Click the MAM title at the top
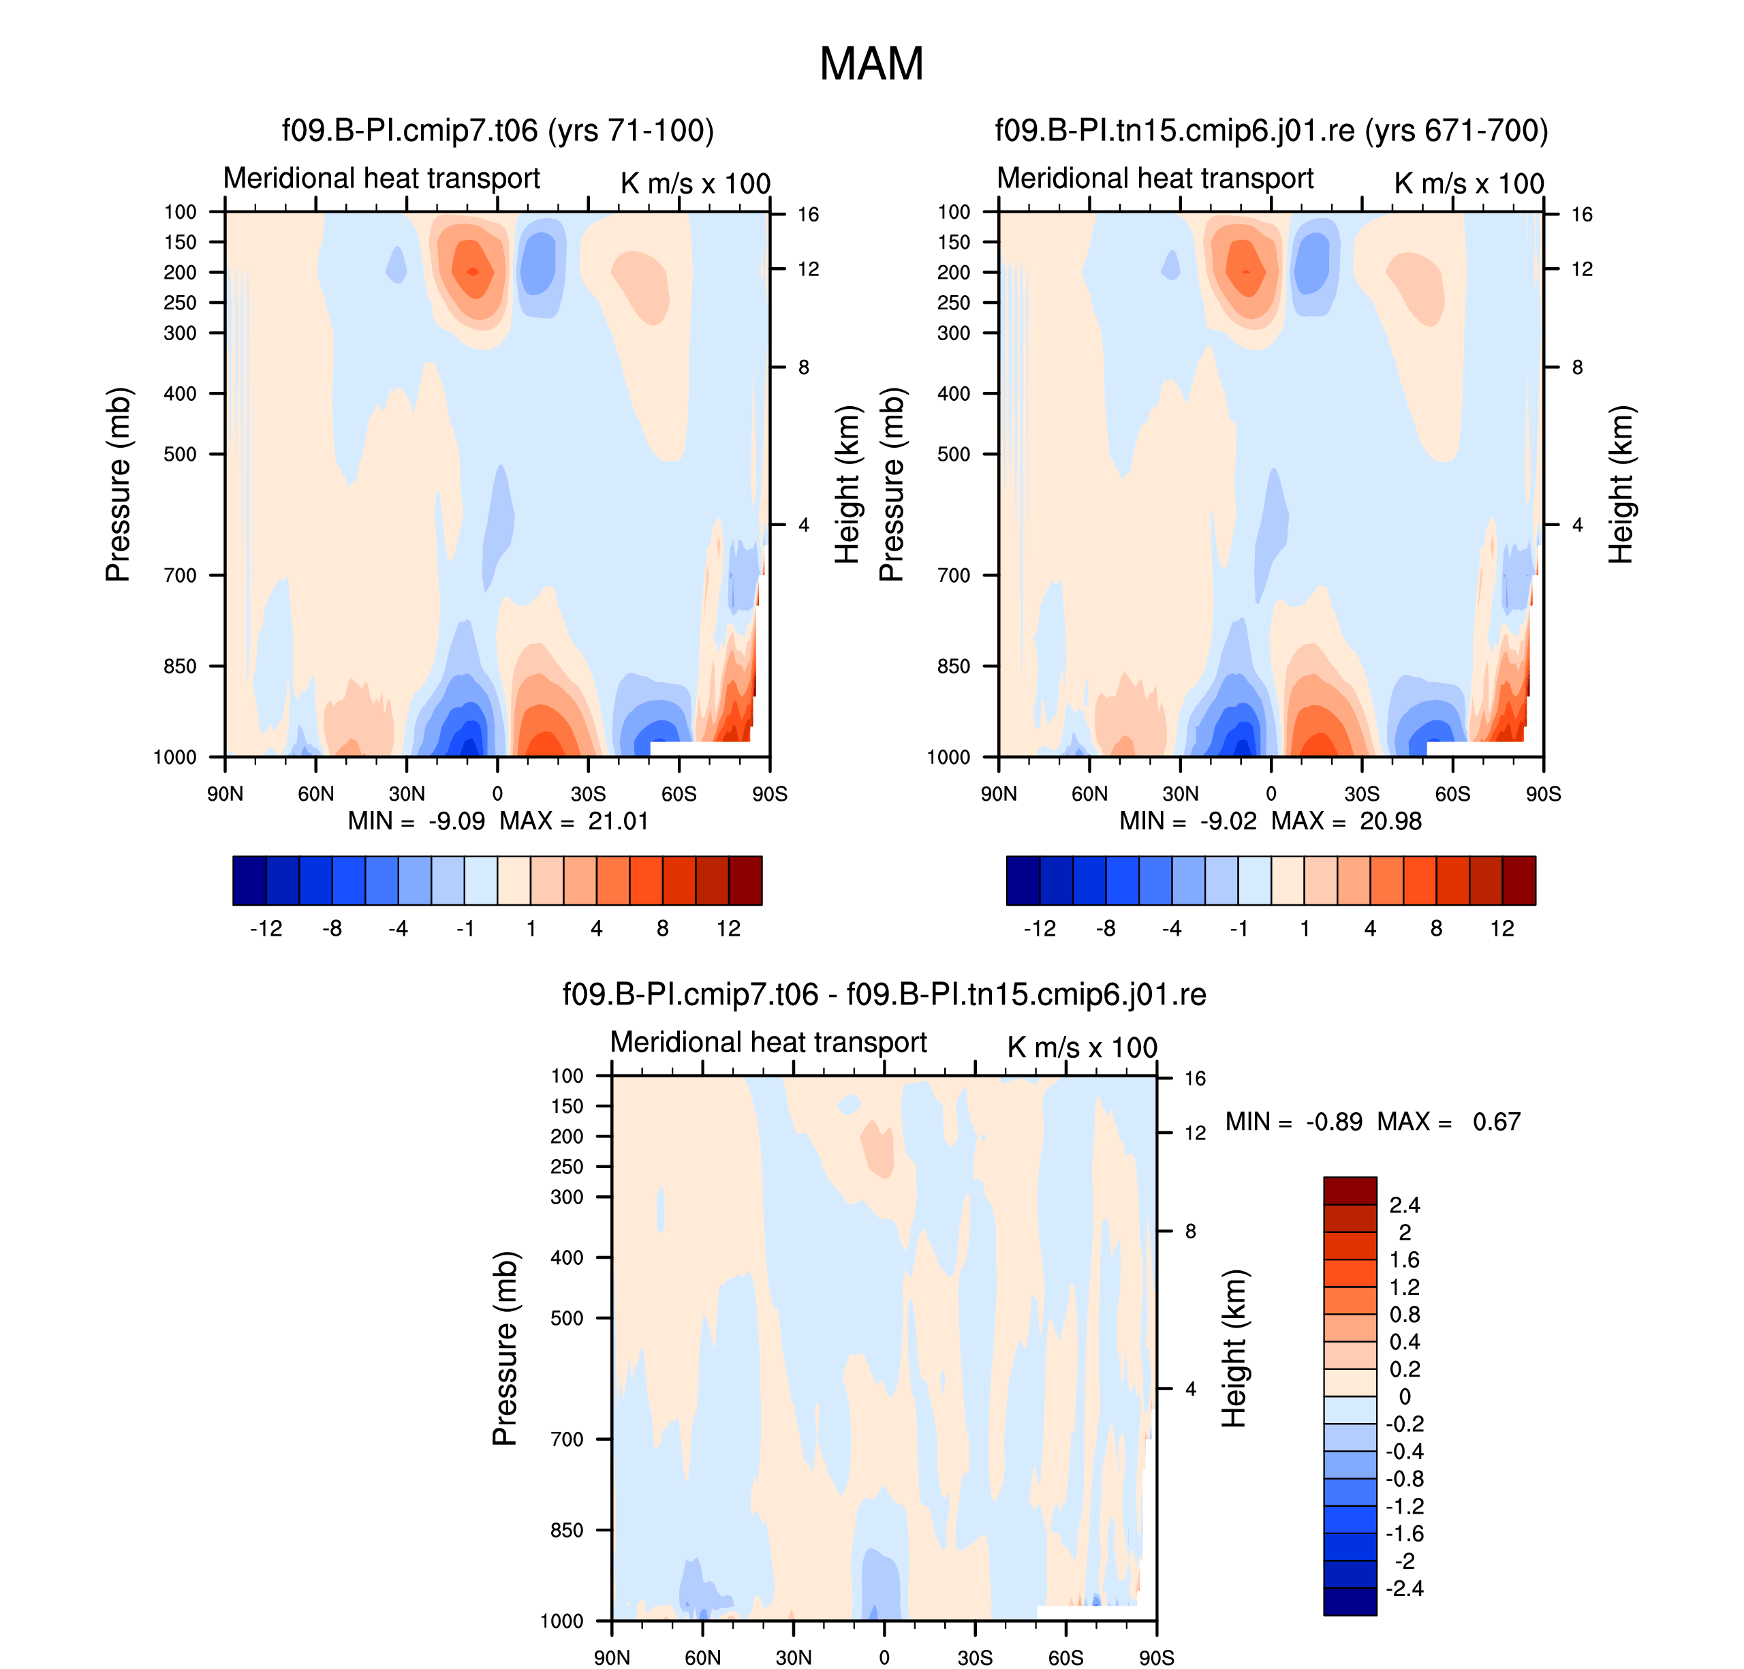click(871, 64)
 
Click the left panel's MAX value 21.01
click(617, 821)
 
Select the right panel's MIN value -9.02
click(1228, 821)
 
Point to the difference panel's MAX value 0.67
click(1496, 1121)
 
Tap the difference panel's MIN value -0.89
click(1333, 1121)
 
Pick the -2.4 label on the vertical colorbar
click(1404, 1588)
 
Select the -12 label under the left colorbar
click(265, 928)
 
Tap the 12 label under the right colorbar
click(1501, 928)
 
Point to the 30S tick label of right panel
click(1362, 793)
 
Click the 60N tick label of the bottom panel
click(702, 1657)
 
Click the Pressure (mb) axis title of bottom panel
click(504, 1348)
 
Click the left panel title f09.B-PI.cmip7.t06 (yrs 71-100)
click(498, 130)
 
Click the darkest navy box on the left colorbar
click(249, 880)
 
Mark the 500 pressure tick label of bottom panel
click(567, 1317)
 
